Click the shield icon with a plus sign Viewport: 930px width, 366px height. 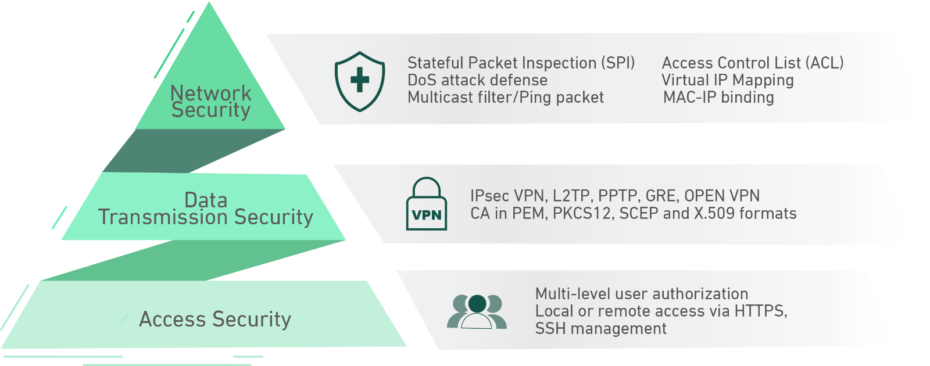click(x=360, y=81)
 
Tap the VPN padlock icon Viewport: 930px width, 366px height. click(x=427, y=204)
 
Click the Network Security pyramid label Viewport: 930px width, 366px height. click(x=211, y=101)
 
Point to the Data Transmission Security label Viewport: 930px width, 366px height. click(x=206, y=209)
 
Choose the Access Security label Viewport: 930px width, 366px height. click(x=215, y=319)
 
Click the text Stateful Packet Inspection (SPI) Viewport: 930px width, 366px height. click(x=521, y=63)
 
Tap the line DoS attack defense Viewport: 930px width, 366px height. click(x=477, y=80)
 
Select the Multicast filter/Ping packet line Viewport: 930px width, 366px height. click(x=506, y=98)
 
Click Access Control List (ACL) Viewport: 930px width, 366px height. click(x=753, y=63)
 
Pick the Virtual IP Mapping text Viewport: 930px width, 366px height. click(x=728, y=80)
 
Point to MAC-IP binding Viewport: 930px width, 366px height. click(x=718, y=98)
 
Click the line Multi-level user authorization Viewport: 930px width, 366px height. click(x=642, y=294)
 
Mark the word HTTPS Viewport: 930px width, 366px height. click(x=760, y=311)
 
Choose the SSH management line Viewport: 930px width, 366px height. click(x=601, y=329)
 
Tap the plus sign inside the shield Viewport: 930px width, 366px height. click(x=360, y=80)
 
